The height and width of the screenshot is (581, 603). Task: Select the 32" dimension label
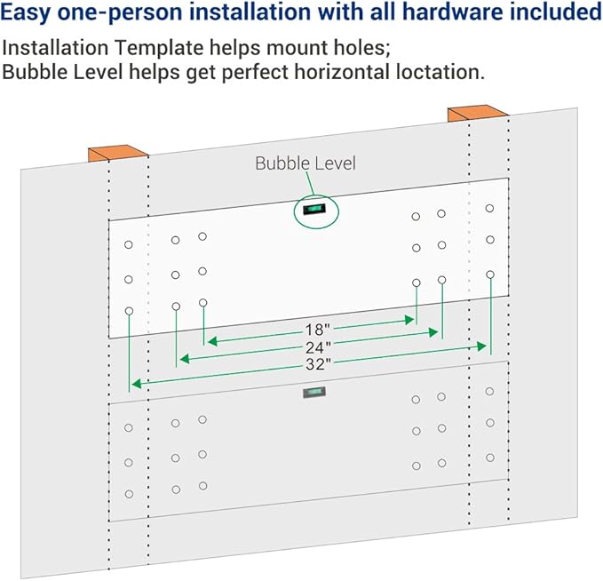pyautogui.click(x=318, y=363)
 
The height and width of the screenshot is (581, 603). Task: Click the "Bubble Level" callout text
pyautogui.click(x=305, y=163)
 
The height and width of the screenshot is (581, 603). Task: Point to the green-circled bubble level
pyautogui.click(x=315, y=209)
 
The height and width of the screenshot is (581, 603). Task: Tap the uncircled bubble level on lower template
pyautogui.click(x=313, y=393)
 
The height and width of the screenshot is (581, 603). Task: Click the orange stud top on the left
pyautogui.click(x=115, y=153)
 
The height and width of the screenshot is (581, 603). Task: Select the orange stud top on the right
pyautogui.click(x=476, y=113)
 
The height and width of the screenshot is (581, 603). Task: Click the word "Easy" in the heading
pyautogui.click(x=28, y=13)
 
